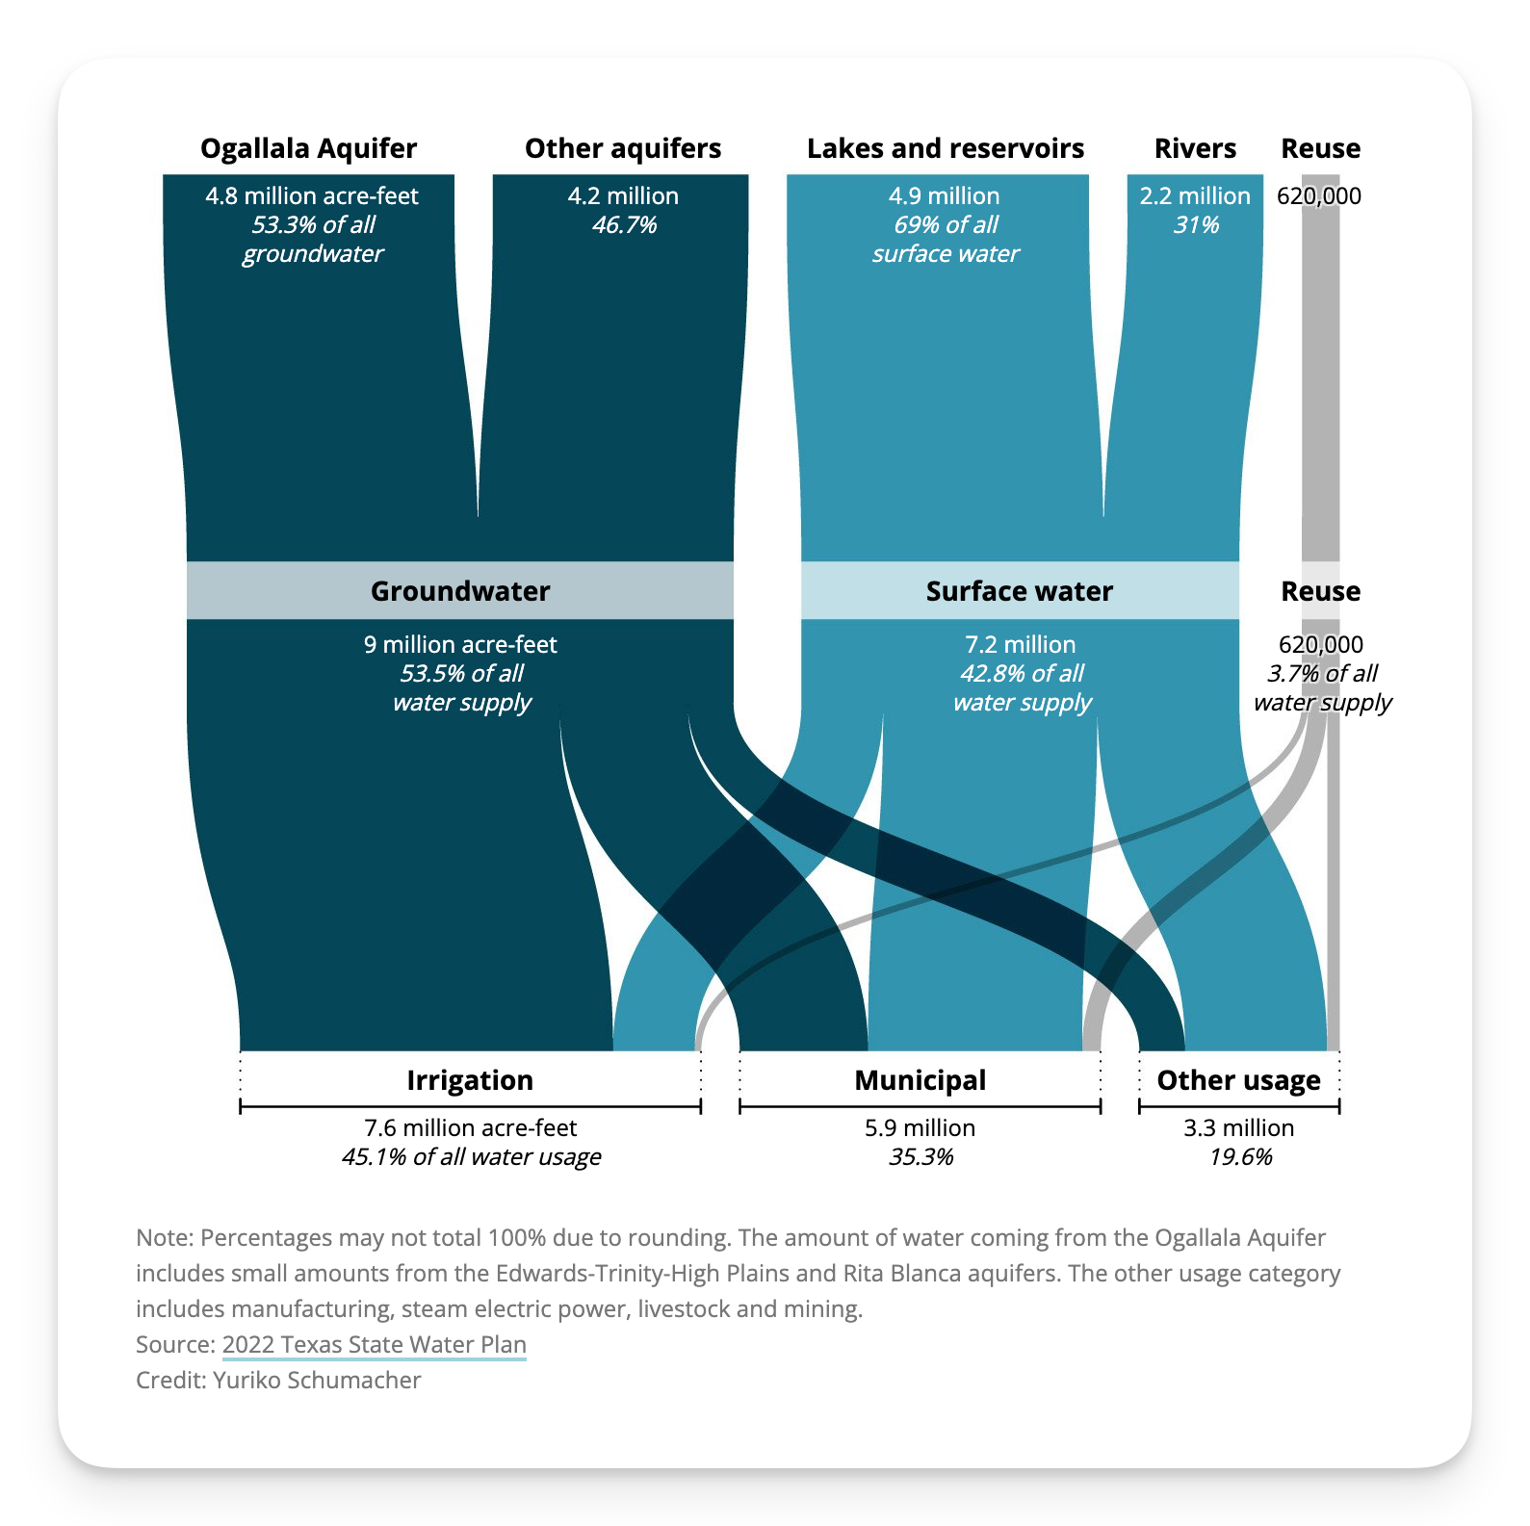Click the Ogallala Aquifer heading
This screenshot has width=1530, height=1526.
308,148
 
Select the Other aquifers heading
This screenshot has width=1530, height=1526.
623,148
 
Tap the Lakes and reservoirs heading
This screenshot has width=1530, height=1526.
945,148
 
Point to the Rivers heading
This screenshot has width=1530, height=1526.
1195,148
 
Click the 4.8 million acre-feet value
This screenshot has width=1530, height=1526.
312,196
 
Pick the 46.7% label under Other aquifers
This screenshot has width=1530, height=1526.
624,225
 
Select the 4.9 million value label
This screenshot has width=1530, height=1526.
944,196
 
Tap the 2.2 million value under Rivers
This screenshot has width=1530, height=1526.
1195,196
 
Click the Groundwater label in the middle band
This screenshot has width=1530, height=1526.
460,591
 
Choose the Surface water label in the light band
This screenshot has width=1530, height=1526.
1019,591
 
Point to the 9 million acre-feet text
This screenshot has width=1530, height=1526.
460,645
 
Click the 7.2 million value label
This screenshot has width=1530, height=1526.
1020,645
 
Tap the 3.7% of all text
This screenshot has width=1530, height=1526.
1322,674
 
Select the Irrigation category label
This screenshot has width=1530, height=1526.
470,1080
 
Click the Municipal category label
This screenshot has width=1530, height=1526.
920,1080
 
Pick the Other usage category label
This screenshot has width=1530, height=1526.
1238,1080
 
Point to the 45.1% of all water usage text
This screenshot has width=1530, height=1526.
471,1157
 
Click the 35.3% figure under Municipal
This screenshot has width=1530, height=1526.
921,1157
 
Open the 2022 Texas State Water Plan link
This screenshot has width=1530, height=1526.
374,1345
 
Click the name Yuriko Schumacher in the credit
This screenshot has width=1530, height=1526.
317,1381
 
